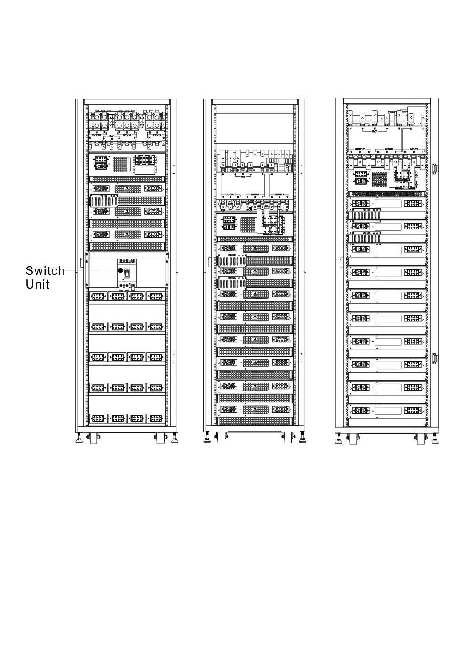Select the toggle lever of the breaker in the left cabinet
(127, 273)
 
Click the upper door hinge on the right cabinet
(434, 168)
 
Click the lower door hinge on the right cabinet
(434, 359)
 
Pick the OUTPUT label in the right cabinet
(360, 149)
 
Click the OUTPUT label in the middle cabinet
(230, 195)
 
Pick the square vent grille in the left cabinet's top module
(121, 164)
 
